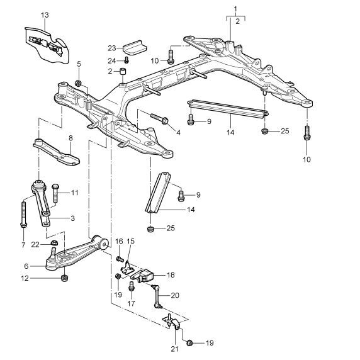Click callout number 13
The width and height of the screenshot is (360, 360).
[x=45, y=15]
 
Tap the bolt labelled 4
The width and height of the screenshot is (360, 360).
[x=159, y=118]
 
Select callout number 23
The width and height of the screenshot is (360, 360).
[x=112, y=48]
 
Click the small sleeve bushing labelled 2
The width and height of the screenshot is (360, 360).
[x=123, y=71]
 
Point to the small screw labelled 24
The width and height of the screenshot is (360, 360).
[x=127, y=60]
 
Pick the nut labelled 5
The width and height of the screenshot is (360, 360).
[x=78, y=83]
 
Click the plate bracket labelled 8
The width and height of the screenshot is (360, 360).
[x=56, y=152]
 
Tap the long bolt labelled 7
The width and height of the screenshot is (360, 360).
[x=24, y=214]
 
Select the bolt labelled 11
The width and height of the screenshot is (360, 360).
[x=55, y=193]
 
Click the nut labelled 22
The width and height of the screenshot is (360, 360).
[x=54, y=242]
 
